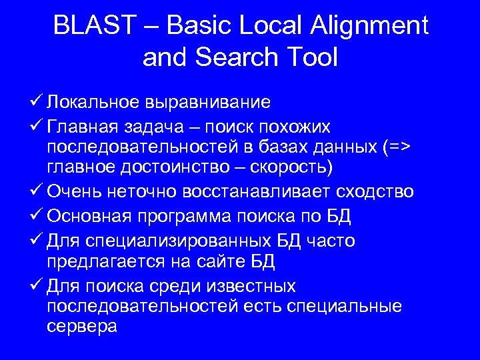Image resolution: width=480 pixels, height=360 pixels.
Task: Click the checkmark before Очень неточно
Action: (37, 193)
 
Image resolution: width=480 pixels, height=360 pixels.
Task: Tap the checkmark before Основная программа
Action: (37, 217)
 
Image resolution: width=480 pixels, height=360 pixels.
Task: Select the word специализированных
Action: (183, 241)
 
